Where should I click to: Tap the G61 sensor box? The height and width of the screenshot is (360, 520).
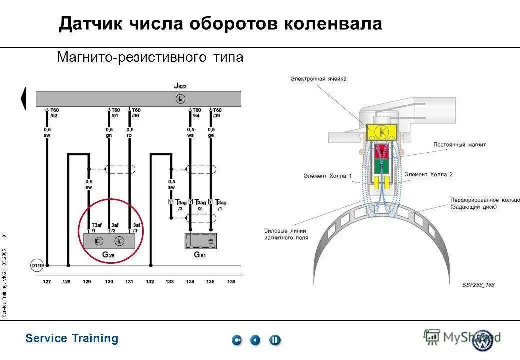pos(200,241)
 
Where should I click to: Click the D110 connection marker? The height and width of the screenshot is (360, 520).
pos(37,266)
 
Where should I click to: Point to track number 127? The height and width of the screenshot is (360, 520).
pos(47,282)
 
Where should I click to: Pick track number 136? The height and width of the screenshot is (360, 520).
pos(231,282)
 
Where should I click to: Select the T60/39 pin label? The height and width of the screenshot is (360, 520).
pos(217,113)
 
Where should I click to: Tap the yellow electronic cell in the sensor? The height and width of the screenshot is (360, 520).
pos(382,132)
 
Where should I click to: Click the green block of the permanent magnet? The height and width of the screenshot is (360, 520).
pos(382,165)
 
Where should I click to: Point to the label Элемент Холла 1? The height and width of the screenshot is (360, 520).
pos(328,176)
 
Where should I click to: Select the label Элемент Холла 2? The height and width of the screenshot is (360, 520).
pos(429,174)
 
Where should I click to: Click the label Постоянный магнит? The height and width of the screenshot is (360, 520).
pos(460,145)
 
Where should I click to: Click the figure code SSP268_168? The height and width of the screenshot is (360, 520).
pos(478,285)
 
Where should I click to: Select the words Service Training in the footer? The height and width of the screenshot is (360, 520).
pos(72,338)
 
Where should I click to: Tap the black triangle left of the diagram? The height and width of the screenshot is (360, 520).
pos(23,98)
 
